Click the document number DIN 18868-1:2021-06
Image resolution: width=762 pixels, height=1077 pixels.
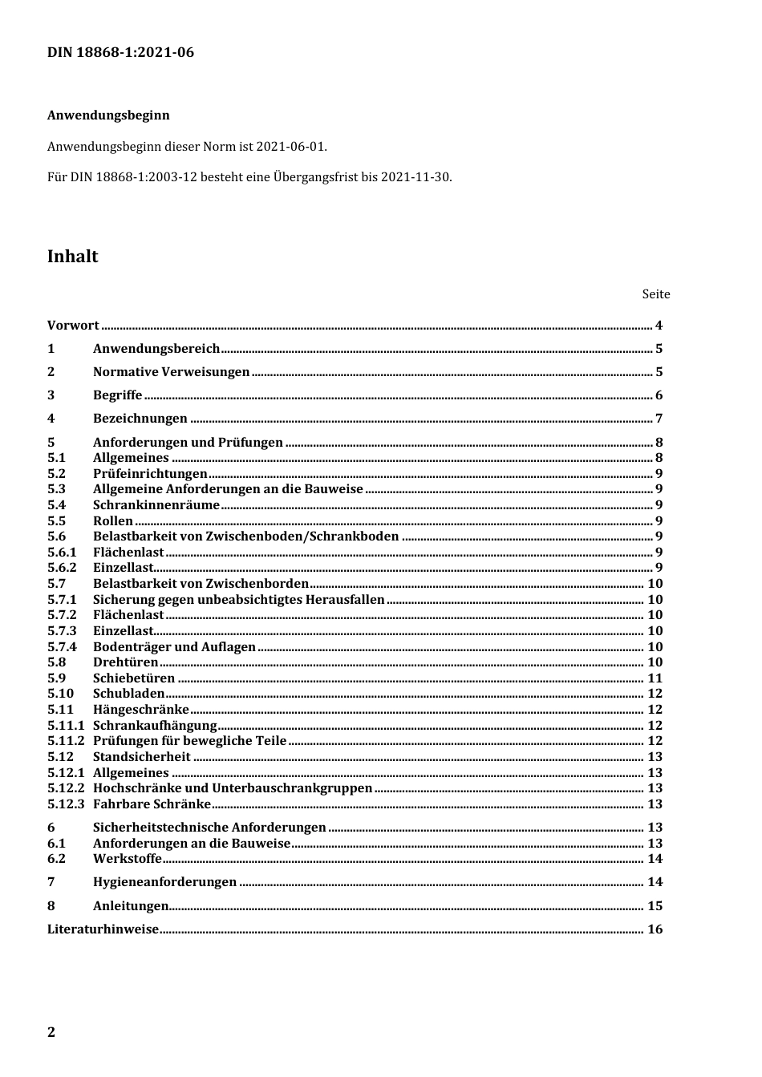click(120, 53)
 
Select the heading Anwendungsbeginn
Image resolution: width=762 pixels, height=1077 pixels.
click(108, 115)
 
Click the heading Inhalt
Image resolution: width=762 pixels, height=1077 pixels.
click(72, 257)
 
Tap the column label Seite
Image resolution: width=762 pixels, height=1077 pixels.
click(655, 294)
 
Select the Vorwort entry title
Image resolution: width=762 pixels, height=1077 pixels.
click(73, 326)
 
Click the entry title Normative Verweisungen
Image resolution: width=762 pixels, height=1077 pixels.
click(171, 372)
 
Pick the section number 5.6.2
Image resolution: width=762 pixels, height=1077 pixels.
click(62, 568)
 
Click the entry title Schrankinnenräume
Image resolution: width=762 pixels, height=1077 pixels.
click(156, 505)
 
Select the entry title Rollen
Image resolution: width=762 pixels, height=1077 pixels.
click(112, 521)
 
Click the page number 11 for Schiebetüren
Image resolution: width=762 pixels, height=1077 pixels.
click(655, 678)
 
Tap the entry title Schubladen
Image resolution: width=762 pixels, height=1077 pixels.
click(128, 694)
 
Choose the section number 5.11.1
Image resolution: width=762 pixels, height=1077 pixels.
click(66, 726)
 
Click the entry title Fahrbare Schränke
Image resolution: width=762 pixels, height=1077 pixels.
click(152, 804)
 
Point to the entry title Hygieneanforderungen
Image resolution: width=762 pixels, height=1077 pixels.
click(164, 882)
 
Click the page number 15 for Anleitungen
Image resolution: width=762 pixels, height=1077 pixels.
click(655, 906)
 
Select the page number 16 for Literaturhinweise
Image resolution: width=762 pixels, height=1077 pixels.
click(655, 929)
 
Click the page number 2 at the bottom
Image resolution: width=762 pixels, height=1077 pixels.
click(52, 1032)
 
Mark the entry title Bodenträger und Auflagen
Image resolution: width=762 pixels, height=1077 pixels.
click(174, 647)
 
